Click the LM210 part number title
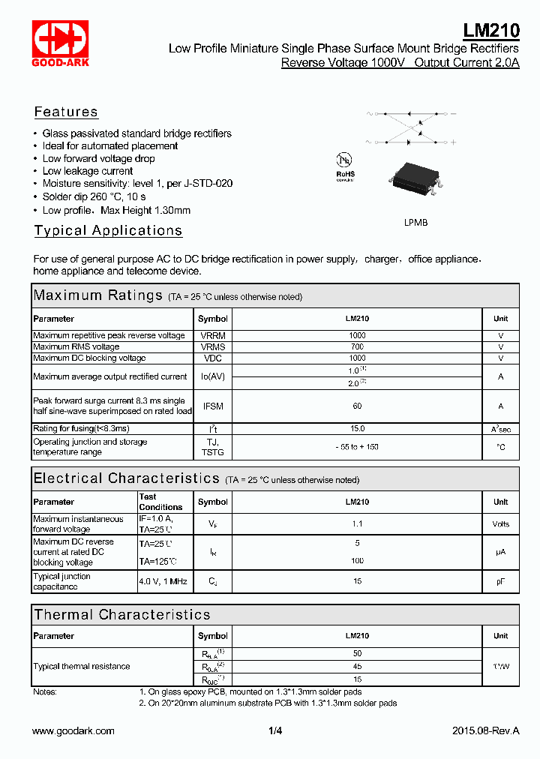point(490,31)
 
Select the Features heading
point(66,112)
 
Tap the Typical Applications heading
point(108,230)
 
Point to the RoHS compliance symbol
point(345,166)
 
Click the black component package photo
point(415,181)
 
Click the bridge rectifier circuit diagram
point(410,127)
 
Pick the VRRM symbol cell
point(213,335)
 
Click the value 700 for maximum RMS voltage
point(357,346)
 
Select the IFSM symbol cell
point(213,406)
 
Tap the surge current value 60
point(357,406)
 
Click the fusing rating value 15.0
point(357,428)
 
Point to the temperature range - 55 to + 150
point(357,447)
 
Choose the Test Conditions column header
point(160,502)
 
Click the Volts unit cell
point(500,524)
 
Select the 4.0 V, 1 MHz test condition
point(163,581)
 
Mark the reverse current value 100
point(357,560)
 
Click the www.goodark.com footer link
point(73,730)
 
